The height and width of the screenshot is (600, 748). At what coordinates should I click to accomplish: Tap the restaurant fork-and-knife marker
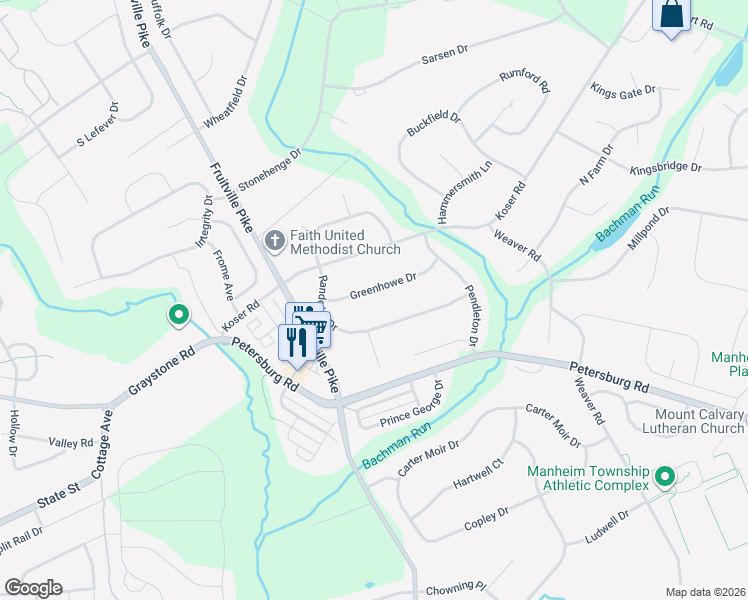coord(296,343)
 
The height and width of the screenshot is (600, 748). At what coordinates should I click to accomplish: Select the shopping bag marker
coord(671,14)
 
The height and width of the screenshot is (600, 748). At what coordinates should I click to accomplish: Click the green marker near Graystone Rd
coord(179,316)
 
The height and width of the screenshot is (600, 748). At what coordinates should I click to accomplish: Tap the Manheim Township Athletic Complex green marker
coord(662,478)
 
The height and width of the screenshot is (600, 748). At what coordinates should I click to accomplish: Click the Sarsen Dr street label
coord(445,52)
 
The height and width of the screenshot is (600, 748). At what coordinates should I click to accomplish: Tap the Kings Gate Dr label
coord(623,91)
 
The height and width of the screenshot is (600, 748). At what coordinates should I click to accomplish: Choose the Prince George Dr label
coord(411,408)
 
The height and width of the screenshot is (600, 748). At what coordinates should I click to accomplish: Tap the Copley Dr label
coord(486,519)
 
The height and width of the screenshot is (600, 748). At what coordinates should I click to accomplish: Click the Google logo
coord(33,588)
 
